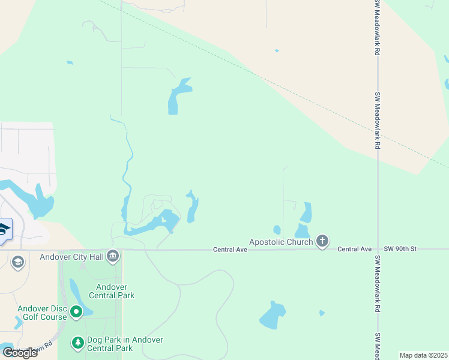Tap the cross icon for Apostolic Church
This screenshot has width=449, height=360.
(322, 242)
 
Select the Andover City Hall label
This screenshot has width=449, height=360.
(71, 257)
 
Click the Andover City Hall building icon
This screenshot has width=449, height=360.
(113, 257)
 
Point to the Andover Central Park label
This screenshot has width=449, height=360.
(112, 290)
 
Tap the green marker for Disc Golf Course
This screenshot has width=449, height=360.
(76, 311)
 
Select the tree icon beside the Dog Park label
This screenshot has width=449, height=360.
(77, 343)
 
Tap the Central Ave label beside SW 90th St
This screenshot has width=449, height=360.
(355, 248)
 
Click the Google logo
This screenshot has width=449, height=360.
(20, 352)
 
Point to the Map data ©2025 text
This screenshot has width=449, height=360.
(423, 355)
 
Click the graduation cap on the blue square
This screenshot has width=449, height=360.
(3, 230)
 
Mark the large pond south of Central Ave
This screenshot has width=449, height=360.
(272, 316)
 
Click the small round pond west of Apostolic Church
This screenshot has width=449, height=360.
(277, 230)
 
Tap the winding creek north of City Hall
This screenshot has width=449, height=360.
(127, 174)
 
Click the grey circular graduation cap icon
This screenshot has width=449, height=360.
(18, 262)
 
